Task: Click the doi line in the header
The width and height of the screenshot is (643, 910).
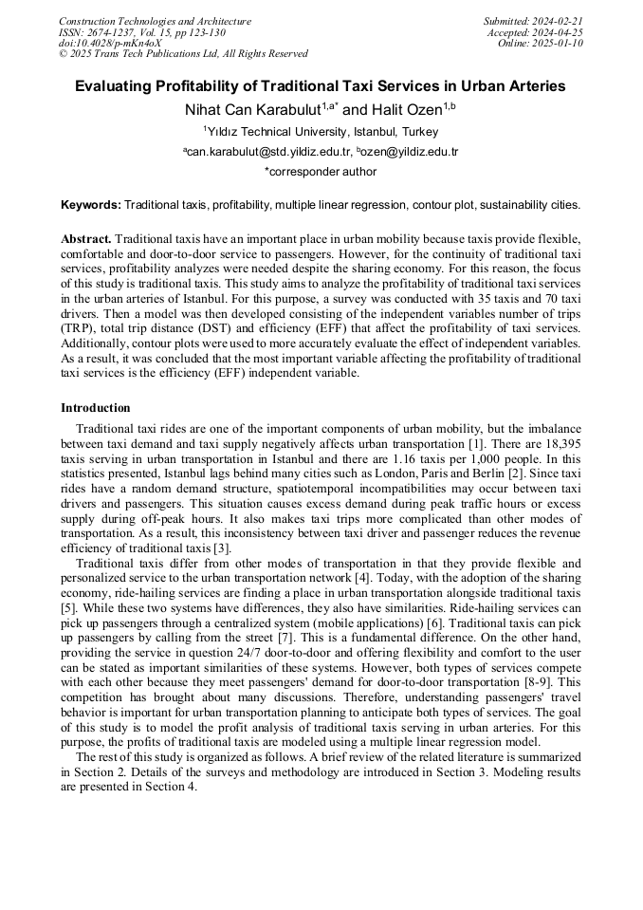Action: pyautogui.click(x=110, y=43)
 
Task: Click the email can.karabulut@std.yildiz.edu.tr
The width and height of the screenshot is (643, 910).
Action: pyautogui.click(x=270, y=152)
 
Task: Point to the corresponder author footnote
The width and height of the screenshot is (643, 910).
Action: pyautogui.click(x=321, y=172)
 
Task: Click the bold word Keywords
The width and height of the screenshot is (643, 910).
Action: pyautogui.click(x=91, y=205)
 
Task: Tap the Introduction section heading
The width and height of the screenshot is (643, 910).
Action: pyautogui.click(x=95, y=408)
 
